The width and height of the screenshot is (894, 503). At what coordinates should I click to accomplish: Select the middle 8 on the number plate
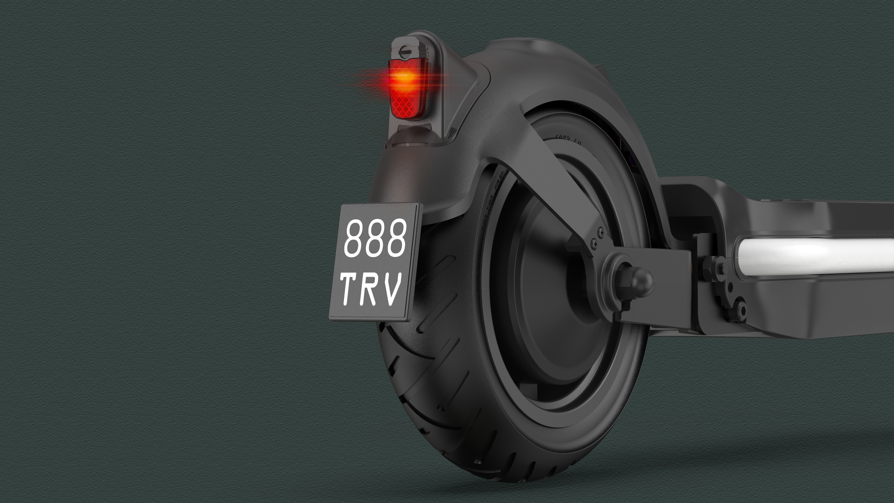[x=376, y=238]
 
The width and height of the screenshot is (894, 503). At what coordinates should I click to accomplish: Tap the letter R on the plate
[x=371, y=289]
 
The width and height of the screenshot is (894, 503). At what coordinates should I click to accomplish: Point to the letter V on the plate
[x=391, y=289]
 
